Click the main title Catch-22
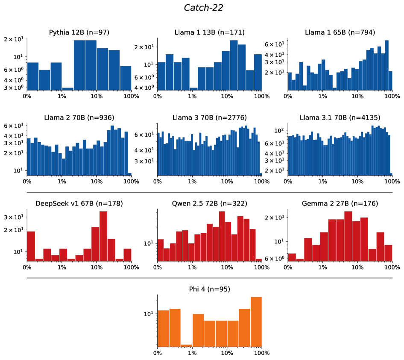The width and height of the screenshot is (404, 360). click(x=203, y=8)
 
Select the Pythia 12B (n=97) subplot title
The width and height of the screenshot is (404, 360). click(x=79, y=32)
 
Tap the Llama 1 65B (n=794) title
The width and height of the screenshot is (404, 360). click(x=340, y=32)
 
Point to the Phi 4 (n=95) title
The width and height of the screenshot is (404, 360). click(x=209, y=289)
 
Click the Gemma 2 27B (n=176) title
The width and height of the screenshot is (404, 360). click(x=340, y=203)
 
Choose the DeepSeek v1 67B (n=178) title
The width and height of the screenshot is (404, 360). click(x=79, y=203)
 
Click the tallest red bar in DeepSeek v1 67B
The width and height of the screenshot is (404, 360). click(x=103, y=236)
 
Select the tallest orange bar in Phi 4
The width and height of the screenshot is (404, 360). click(x=256, y=321)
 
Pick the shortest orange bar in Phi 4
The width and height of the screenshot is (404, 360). click(x=186, y=345)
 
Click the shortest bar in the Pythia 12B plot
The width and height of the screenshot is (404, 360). click(x=67, y=89)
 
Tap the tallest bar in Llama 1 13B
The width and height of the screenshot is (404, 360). click(x=234, y=65)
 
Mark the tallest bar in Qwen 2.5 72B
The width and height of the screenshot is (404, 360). click(x=222, y=236)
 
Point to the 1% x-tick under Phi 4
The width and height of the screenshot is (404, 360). click(x=192, y=353)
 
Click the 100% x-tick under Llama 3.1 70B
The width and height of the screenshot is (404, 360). click(x=392, y=182)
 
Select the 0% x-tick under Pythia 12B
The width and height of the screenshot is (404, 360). click(x=27, y=97)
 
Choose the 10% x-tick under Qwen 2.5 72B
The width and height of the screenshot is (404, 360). click(x=227, y=268)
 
